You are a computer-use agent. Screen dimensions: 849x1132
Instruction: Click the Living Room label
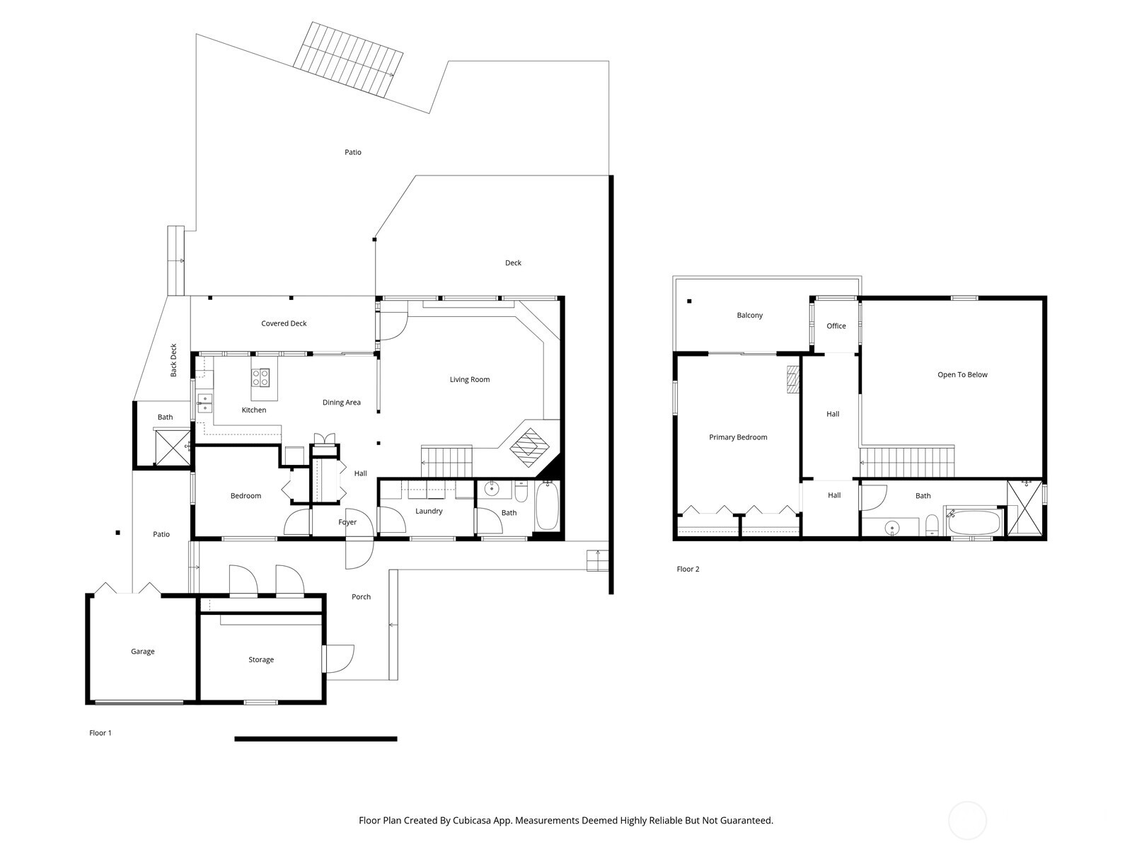click(x=469, y=380)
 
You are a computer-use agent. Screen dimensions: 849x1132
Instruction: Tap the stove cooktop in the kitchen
click(x=260, y=378)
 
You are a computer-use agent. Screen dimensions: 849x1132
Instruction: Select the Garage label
click(x=142, y=652)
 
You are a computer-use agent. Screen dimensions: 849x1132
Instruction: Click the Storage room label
click(x=261, y=660)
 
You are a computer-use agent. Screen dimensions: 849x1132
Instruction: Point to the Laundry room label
click(x=429, y=512)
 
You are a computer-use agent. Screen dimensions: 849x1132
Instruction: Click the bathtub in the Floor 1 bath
click(x=547, y=506)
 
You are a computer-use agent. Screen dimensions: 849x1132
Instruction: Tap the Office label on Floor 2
click(x=836, y=326)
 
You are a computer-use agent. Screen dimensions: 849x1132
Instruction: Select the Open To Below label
click(x=962, y=375)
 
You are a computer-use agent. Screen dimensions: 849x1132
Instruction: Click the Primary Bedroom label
click(x=738, y=437)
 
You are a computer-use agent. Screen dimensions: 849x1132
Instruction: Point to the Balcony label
click(x=749, y=316)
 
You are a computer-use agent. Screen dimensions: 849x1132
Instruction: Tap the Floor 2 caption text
click(x=688, y=569)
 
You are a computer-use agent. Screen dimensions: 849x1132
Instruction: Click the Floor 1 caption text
click(x=100, y=733)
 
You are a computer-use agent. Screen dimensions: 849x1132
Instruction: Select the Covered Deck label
click(x=284, y=324)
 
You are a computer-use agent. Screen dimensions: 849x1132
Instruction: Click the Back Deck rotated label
click(x=174, y=360)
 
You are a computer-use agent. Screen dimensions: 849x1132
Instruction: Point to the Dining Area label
click(x=342, y=403)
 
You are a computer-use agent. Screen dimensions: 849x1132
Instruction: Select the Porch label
click(x=361, y=597)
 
